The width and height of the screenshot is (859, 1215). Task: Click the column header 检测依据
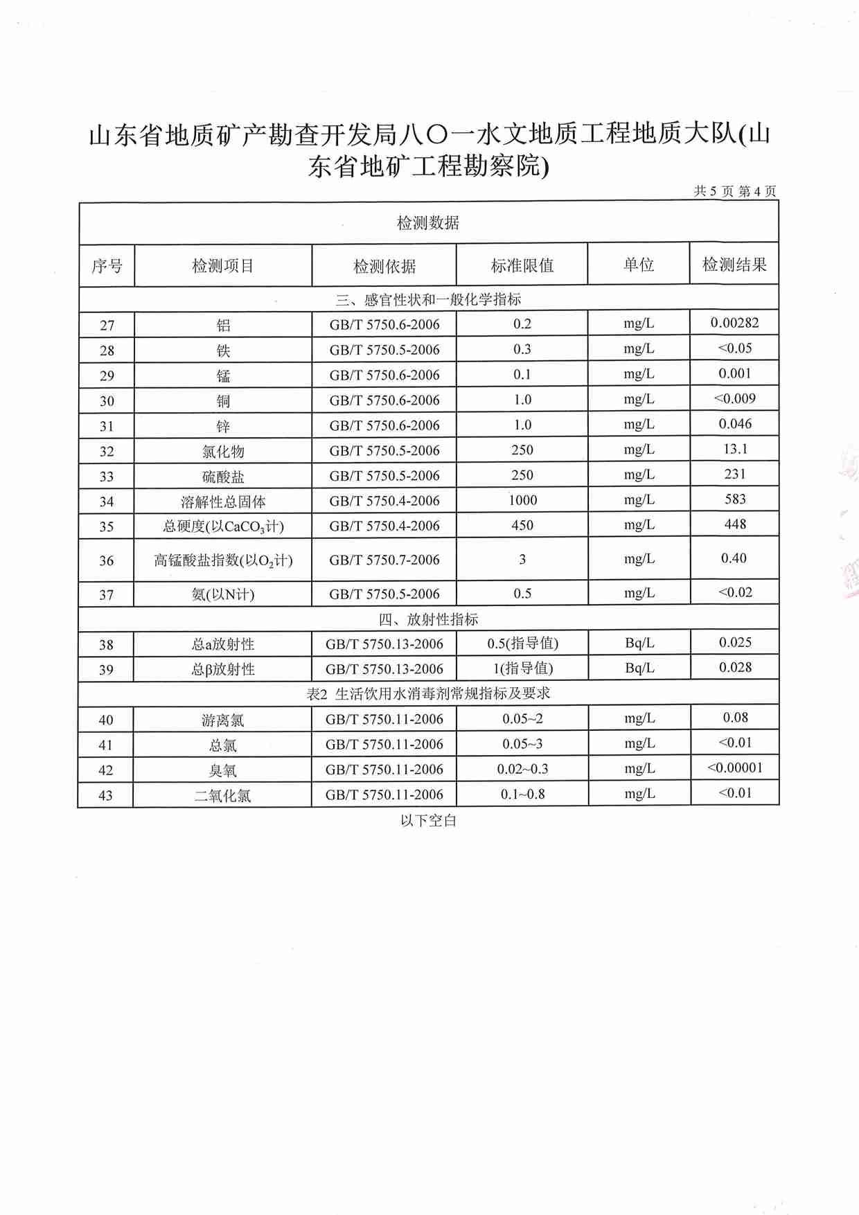coord(384,266)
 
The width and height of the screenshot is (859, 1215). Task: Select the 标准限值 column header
coord(522,265)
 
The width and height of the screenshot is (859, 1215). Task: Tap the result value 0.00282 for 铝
coord(734,323)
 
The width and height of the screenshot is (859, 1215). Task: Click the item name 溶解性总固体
coord(223,502)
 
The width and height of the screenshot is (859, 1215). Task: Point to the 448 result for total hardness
coord(735,524)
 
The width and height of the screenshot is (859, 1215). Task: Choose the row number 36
coord(106,560)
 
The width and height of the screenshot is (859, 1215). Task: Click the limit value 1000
coord(522,500)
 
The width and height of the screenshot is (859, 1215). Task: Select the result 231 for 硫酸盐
coord(735,475)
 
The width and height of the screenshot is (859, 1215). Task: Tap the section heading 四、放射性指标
coord(428,619)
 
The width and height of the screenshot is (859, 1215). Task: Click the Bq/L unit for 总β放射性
coord(639,668)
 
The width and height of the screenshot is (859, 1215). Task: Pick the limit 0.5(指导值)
coord(522,644)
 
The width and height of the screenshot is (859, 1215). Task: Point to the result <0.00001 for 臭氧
coord(734,768)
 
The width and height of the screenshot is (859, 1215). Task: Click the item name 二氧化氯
coord(223,796)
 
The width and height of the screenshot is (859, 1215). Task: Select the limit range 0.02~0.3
coord(522,769)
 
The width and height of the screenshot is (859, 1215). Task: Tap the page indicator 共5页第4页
coord(735,191)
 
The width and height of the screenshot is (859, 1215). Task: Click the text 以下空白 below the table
coord(428,821)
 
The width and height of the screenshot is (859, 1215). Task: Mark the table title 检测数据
coord(428,223)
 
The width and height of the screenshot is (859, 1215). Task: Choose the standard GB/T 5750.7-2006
coord(384,560)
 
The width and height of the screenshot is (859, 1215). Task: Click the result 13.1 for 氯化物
coord(735,449)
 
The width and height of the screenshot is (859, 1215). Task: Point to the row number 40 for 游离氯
coord(106,720)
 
